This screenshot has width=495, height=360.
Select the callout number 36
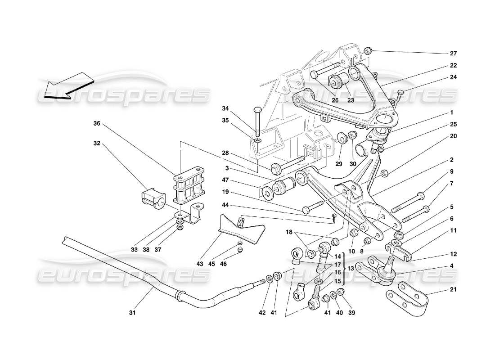(96, 123)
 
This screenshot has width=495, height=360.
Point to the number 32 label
(96, 144)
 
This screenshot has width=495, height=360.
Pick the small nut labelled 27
(368, 50)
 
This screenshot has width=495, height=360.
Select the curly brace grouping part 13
(343, 268)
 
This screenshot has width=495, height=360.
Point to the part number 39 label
(351, 312)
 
